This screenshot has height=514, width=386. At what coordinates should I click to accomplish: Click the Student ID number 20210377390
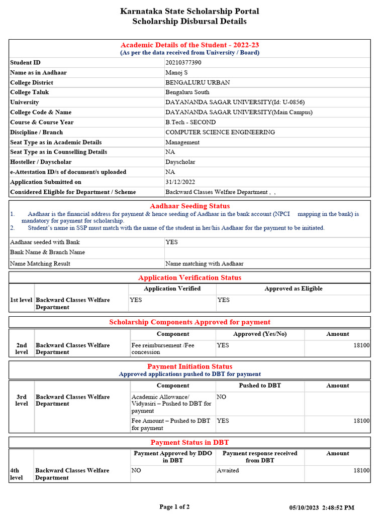[183, 63]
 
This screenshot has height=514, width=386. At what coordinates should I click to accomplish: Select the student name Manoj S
[176, 73]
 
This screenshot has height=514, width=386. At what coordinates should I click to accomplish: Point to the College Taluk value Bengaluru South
[187, 92]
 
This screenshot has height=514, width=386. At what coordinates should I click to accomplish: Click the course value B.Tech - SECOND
[190, 122]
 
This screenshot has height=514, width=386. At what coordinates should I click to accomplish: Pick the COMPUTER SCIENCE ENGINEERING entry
[220, 133]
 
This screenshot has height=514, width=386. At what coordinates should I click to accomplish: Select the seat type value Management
[182, 143]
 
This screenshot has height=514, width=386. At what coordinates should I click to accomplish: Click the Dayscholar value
[180, 162]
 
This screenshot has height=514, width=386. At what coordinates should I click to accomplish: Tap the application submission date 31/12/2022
[180, 182]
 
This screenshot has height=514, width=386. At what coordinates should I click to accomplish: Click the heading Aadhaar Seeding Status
[189, 206]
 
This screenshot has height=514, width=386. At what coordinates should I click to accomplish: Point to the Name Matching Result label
[40, 264]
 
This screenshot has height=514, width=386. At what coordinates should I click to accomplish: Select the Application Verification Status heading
[189, 278]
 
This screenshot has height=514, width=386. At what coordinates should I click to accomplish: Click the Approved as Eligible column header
[294, 289]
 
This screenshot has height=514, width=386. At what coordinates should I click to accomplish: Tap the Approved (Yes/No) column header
[260, 334]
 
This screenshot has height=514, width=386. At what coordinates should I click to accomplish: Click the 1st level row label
[21, 300]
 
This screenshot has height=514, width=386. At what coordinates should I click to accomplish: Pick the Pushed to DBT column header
[260, 386]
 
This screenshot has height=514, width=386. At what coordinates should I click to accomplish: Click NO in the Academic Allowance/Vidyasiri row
[222, 397]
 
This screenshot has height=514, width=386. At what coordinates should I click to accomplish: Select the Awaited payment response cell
[228, 471]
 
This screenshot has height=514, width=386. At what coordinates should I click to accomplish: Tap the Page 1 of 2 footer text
[174, 507]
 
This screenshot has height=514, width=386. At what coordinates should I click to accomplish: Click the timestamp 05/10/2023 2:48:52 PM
[322, 508]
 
